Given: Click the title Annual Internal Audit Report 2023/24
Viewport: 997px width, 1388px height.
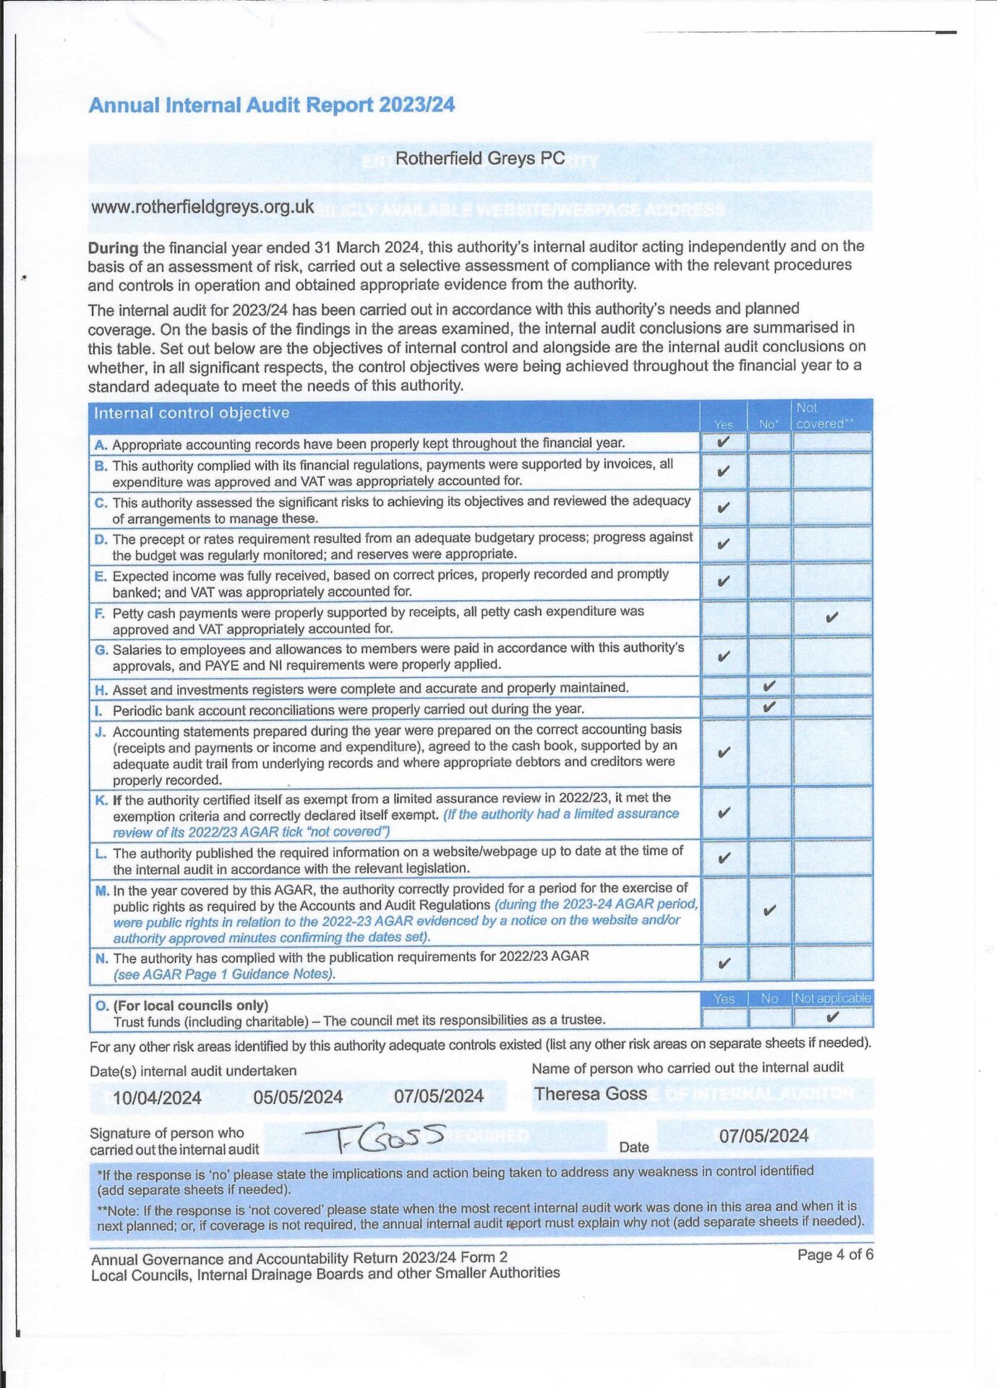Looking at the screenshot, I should point(271,106).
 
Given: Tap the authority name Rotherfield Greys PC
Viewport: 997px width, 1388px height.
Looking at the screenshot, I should point(479,158).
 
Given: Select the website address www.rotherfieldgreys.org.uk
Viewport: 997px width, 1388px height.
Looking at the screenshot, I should point(202,207).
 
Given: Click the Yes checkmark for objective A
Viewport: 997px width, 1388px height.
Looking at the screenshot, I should point(723,441).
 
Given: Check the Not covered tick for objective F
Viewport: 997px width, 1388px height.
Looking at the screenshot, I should point(831,617).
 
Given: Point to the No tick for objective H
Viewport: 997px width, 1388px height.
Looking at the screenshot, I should point(769,685).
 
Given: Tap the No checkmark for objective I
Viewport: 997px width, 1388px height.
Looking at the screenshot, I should point(769,706).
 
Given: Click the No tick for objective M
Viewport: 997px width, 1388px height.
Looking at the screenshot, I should point(769,910).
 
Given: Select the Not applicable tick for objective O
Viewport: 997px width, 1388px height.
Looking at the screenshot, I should point(832,1017).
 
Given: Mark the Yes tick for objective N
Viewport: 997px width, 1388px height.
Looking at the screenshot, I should point(723,963).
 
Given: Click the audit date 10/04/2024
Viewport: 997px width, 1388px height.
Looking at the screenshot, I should point(157,1097).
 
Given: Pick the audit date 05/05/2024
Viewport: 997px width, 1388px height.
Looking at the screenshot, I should point(298,1097).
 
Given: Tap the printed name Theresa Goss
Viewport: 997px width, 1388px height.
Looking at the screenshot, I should point(591,1094).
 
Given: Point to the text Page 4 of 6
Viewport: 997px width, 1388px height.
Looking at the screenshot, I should point(835,1254).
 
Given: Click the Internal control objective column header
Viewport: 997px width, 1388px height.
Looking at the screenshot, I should point(192,413).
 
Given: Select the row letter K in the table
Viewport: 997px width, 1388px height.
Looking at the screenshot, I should point(100,800).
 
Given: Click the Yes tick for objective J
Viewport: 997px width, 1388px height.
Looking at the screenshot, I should point(723,753).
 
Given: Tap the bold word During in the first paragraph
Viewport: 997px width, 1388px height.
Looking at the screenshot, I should point(113,248).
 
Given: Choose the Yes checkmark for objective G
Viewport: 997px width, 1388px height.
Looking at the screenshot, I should point(723,656).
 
